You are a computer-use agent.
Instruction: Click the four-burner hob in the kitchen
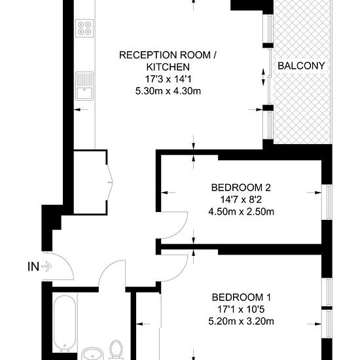click(84, 28)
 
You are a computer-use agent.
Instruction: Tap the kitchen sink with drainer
click(84, 86)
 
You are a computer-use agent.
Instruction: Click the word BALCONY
click(301, 66)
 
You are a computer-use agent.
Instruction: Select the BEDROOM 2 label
click(241, 188)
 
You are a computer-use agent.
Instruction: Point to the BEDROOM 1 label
click(242, 297)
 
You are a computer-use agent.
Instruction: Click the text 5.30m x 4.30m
click(168, 91)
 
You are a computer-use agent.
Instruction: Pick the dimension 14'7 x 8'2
click(241, 200)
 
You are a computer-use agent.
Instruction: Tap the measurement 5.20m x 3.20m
click(242, 321)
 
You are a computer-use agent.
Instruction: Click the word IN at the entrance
click(33, 267)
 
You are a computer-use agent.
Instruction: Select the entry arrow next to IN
click(46, 266)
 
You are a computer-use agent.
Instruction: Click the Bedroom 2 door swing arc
click(181, 230)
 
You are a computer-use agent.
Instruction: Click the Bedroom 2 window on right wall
click(327, 202)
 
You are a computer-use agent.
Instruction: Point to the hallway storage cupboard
click(90, 183)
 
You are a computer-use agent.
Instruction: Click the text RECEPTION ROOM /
click(168, 56)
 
